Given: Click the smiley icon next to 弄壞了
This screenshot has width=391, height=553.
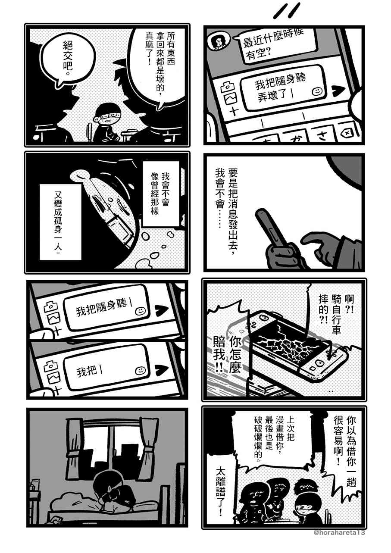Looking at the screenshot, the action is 317,91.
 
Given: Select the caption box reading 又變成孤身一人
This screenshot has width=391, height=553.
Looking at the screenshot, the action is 60,222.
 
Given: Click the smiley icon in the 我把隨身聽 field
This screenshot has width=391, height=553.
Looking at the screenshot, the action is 140,311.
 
